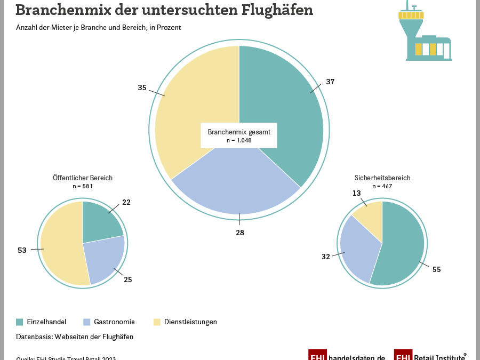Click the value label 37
(x=330, y=82)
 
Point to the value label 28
(x=240, y=233)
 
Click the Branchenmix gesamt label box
(x=239, y=135)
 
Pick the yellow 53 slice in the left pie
(x=60, y=245)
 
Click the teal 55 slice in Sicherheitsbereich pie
(x=400, y=245)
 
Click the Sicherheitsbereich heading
(x=382, y=178)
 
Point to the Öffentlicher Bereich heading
(x=83, y=178)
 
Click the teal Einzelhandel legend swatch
(x=20, y=322)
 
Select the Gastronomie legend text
(x=114, y=322)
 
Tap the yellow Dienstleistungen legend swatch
(x=157, y=322)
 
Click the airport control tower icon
(x=423, y=35)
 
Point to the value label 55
(x=436, y=270)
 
